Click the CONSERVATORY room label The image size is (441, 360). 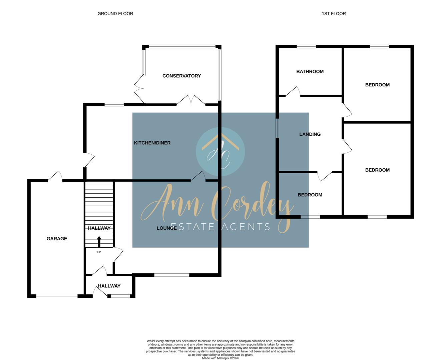click(x=181, y=76)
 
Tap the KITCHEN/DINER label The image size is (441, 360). click(x=152, y=143)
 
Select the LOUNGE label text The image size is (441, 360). click(x=166, y=228)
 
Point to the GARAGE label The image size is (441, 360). click(x=57, y=239)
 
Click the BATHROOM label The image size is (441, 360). click(x=310, y=72)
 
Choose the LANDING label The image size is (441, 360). click(x=310, y=134)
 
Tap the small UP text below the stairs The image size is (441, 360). click(x=99, y=252)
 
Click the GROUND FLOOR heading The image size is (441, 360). click(x=115, y=14)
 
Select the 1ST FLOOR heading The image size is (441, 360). click(x=334, y=14)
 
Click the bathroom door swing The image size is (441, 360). click(x=293, y=92)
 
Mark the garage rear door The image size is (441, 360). click(x=55, y=177)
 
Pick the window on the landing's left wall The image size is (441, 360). click(x=277, y=128)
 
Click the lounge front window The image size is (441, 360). click(x=172, y=275)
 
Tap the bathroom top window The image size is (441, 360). click(x=306, y=47)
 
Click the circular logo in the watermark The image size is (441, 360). click(x=220, y=152)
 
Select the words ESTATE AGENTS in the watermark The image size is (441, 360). click(x=220, y=227)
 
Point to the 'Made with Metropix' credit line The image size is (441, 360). click(x=220, y=358)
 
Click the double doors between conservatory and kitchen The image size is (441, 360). click(x=191, y=100)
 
